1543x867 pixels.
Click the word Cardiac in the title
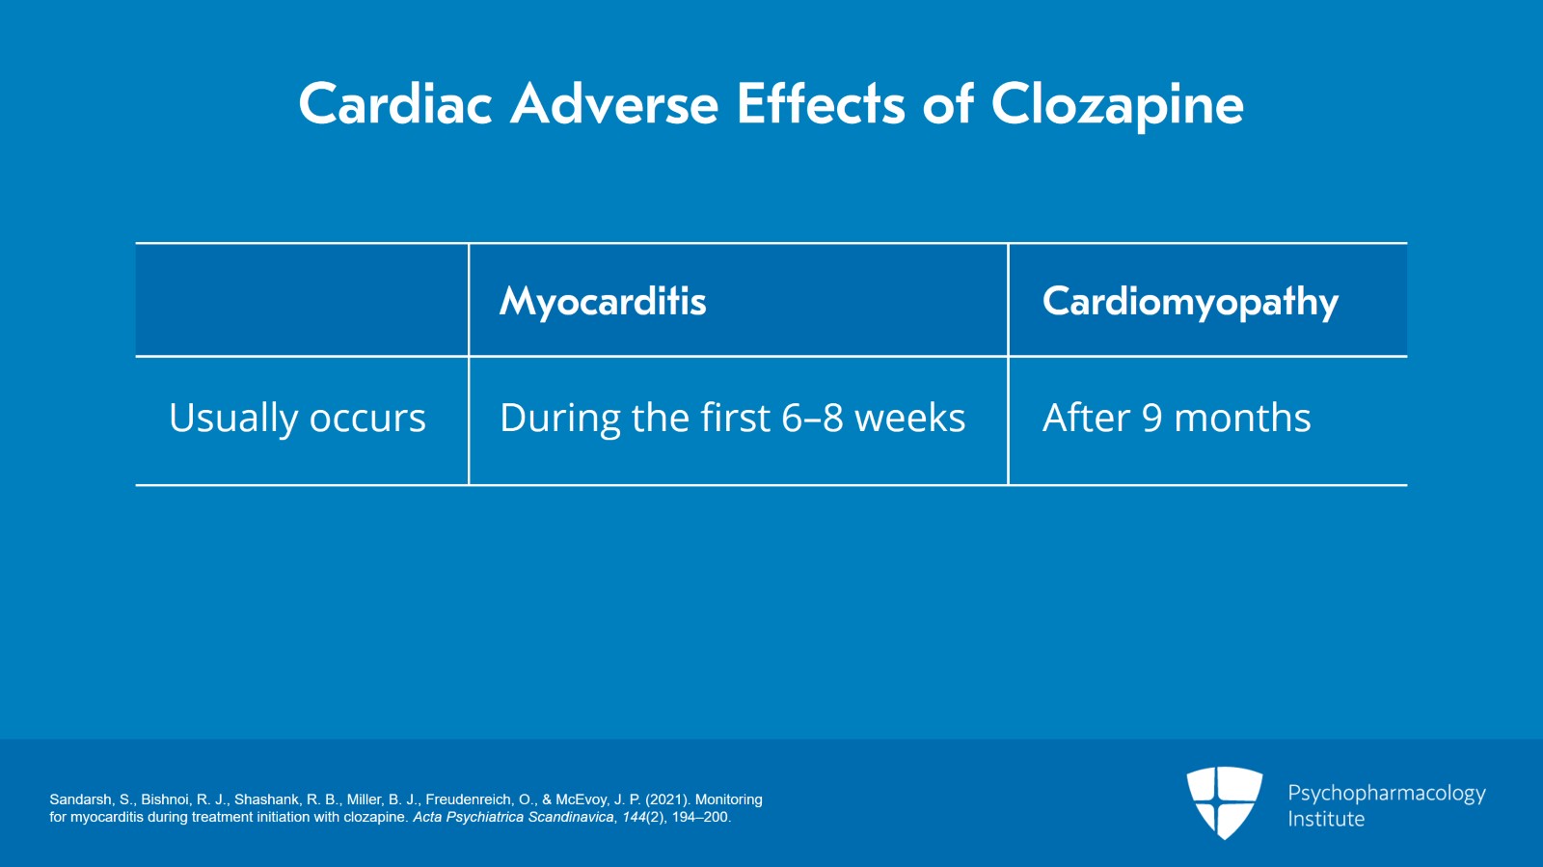(395, 104)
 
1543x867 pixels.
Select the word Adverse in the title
(614, 104)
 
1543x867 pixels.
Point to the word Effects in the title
(821, 104)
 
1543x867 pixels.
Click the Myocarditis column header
(603, 302)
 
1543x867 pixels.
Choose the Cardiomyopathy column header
(1190, 302)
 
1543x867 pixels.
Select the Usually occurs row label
(297, 419)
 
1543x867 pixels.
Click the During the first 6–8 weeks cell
(732, 419)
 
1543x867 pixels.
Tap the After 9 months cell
(1177, 419)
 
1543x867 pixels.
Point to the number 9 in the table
(1151, 419)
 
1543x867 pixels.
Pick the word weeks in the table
(909, 419)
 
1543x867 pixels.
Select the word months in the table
(1242, 419)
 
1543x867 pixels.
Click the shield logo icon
(1224, 801)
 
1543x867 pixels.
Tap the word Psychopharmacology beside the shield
(1386, 793)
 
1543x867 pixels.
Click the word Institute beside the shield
(1326, 819)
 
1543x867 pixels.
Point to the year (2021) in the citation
(667, 799)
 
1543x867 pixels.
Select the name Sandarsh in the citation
(80, 799)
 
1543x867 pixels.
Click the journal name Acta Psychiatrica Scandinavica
(513, 817)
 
